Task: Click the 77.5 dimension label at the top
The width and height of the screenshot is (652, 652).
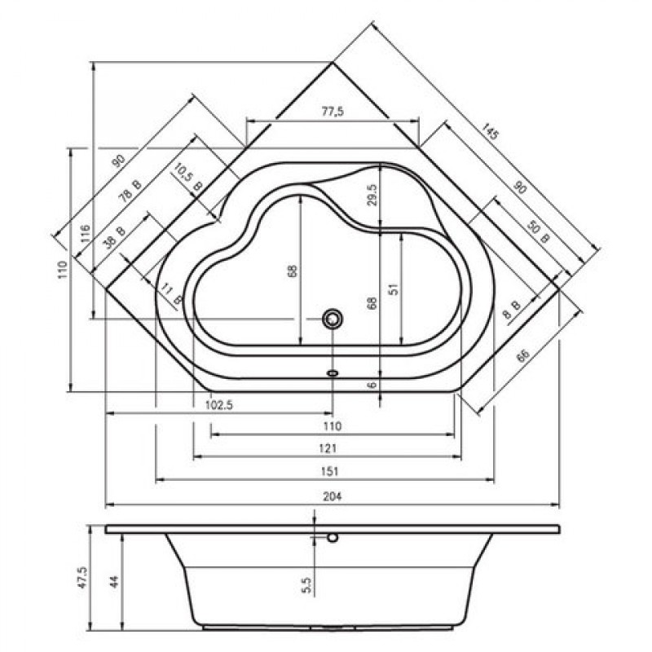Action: tap(333, 112)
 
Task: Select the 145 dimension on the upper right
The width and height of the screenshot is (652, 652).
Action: tap(490, 132)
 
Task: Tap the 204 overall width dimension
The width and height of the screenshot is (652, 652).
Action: tap(333, 496)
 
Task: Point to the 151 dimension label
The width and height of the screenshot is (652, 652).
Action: tap(330, 471)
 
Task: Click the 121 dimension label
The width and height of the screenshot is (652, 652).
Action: tap(328, 448)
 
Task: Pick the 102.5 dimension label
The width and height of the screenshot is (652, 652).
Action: tap(219, 405)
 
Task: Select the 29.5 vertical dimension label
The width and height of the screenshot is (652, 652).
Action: tap(372, 195)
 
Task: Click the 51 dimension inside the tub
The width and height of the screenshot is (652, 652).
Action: tap(394, 289)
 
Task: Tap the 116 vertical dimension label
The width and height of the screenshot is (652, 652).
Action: tap(86, 234)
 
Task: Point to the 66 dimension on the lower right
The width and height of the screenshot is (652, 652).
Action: tap(523, 355)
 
